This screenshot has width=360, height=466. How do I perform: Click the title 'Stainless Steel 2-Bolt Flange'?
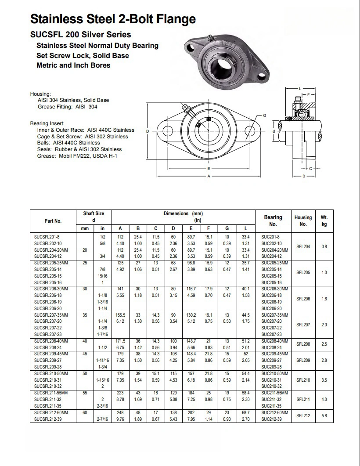click(113, 19)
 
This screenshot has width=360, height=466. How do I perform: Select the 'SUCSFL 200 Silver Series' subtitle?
click(80, 34)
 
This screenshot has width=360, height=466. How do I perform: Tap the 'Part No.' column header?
click(53, 221)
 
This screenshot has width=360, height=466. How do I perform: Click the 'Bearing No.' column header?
click(273, 220)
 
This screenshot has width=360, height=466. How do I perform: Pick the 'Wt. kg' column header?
click(324, 220)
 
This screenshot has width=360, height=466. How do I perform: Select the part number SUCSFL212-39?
click(48, 420)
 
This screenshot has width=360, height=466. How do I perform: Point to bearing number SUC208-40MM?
click(274, 341)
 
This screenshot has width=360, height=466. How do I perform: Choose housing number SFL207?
click(303, 325)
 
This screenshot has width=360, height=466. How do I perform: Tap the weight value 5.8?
click(324, 415)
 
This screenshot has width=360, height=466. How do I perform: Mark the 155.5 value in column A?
click(120, 315)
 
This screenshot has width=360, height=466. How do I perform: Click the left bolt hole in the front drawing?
click(168, 131)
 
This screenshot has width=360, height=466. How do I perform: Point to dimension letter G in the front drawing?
click(264, 115)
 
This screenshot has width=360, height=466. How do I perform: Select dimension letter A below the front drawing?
click(209, 176)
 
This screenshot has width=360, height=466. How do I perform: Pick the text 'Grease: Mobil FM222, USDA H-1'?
click(77, 155)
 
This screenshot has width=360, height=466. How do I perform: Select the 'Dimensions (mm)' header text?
click(183, 214)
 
